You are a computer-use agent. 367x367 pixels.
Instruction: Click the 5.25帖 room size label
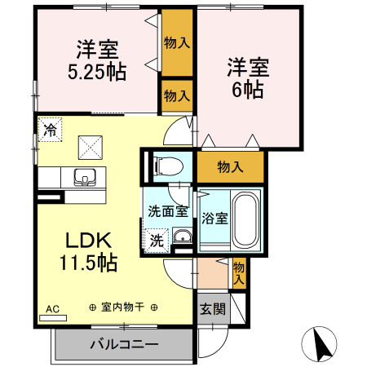[96, 71]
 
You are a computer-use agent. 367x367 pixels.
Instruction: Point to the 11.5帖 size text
[88, 263]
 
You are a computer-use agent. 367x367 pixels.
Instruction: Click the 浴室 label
[214, 219]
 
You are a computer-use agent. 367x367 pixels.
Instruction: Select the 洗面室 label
[167, 211]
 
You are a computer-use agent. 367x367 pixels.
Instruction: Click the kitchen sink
[84, 176]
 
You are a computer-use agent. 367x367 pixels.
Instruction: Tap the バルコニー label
[122, 345]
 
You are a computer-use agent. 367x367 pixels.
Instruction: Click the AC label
[52, 309]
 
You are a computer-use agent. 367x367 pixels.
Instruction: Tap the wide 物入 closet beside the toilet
[230, 167]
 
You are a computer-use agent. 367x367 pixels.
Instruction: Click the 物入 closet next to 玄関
[238, 272]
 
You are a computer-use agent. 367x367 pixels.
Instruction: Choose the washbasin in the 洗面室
[183, 238]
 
